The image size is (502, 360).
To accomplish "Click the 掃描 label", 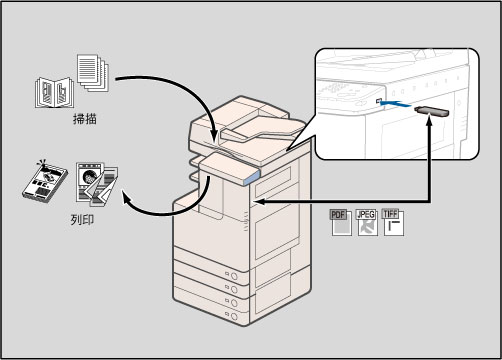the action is [x=85, y=119].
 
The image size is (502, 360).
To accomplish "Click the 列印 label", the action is [x=82, y=220].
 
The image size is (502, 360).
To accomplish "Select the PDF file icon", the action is [x=341, y=223].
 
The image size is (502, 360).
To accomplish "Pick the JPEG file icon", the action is [x=367, y=223].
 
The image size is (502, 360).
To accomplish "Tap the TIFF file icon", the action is [x=393, y=223].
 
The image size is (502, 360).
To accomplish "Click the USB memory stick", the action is [x=432, y=111].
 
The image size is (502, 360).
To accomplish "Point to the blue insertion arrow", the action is [x=395, y=103].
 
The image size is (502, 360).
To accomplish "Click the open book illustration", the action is [x=55, y=93].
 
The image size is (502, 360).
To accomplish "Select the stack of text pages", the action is [x=93, y=73].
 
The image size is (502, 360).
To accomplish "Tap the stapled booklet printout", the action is [x=45, y=182].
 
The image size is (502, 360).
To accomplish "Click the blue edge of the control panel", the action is [x=252, y=178].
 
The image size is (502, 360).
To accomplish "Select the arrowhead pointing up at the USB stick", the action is [x=430, y=121].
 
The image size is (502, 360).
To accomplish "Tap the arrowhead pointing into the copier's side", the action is [x=260, y=202].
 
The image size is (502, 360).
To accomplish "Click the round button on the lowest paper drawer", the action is [x=234, y=316].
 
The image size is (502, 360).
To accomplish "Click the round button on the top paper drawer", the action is [x=234, y=276].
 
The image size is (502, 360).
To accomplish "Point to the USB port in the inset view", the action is [x=378, y=101].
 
